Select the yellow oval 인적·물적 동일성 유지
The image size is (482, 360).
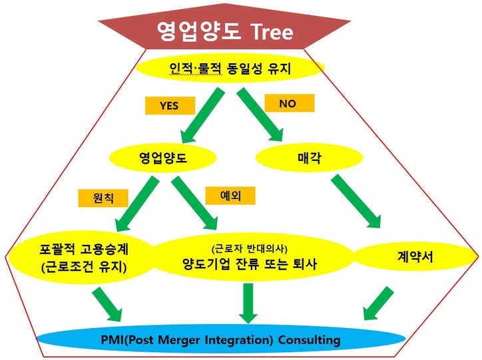(x=230, y=68)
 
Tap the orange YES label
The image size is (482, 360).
(x=169, y=106)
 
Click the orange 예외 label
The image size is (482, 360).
(x=229, y=195)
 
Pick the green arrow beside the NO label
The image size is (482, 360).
(x=260, y=112)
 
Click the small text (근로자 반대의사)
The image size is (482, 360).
(x=250, y=248)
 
